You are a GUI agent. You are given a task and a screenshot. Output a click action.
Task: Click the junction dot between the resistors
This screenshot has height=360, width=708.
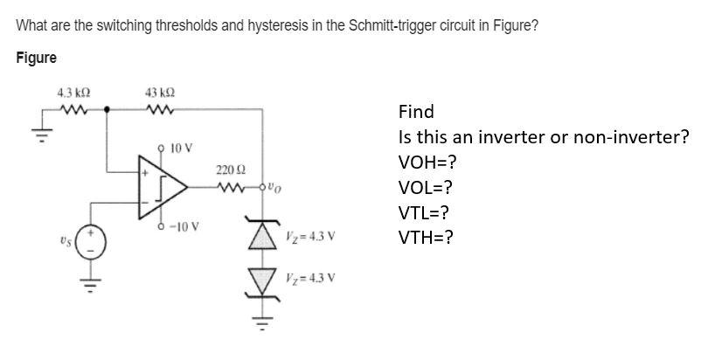point(107,110)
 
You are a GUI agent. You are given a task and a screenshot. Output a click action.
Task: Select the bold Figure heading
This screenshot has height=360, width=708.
point(37,58)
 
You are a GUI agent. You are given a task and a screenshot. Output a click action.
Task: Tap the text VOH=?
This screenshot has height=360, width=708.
point(427,163)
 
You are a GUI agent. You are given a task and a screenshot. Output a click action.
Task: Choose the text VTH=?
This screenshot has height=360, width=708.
point(426,236)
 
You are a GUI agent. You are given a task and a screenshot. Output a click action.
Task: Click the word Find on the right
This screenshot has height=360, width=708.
point(415,112)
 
